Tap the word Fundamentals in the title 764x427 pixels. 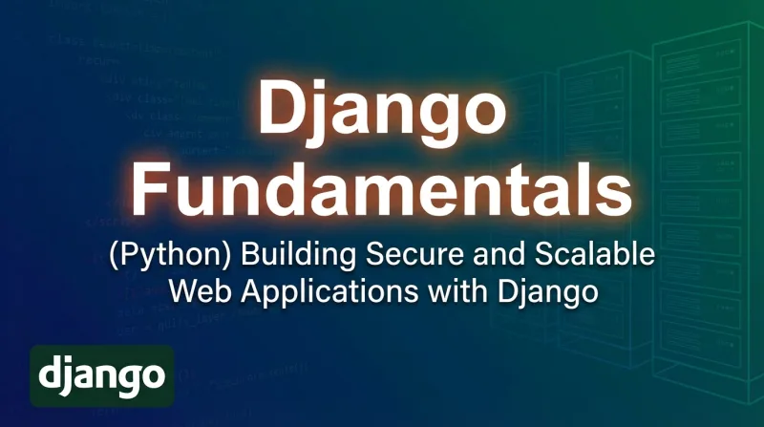tap(382, 190)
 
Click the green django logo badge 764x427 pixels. tap(101, 375)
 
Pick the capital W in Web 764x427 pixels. tap(178, 289)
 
